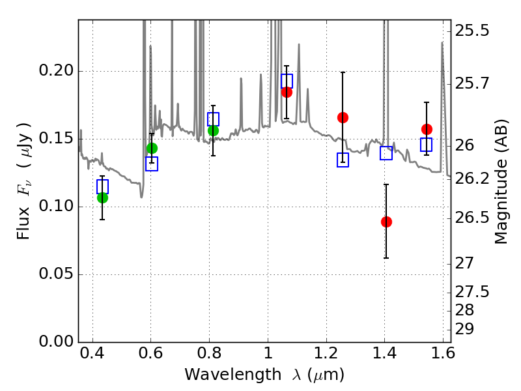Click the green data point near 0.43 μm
click(x=102, y=197)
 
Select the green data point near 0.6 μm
click(x=152, y=148)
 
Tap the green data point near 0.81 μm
click(x=213, y=130)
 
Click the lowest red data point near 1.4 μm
click(x=386, y=222)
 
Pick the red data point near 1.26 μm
click(x=343, y=117)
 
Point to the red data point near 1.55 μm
click(x=427, y=129)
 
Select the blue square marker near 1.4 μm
click(x=386, y=153)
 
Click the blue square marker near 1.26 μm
click(x=343, y=160)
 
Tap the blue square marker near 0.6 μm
click(x=152, y=164)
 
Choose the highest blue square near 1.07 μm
click(x=287, y=81)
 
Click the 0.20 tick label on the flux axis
click(x=56, y=72)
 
